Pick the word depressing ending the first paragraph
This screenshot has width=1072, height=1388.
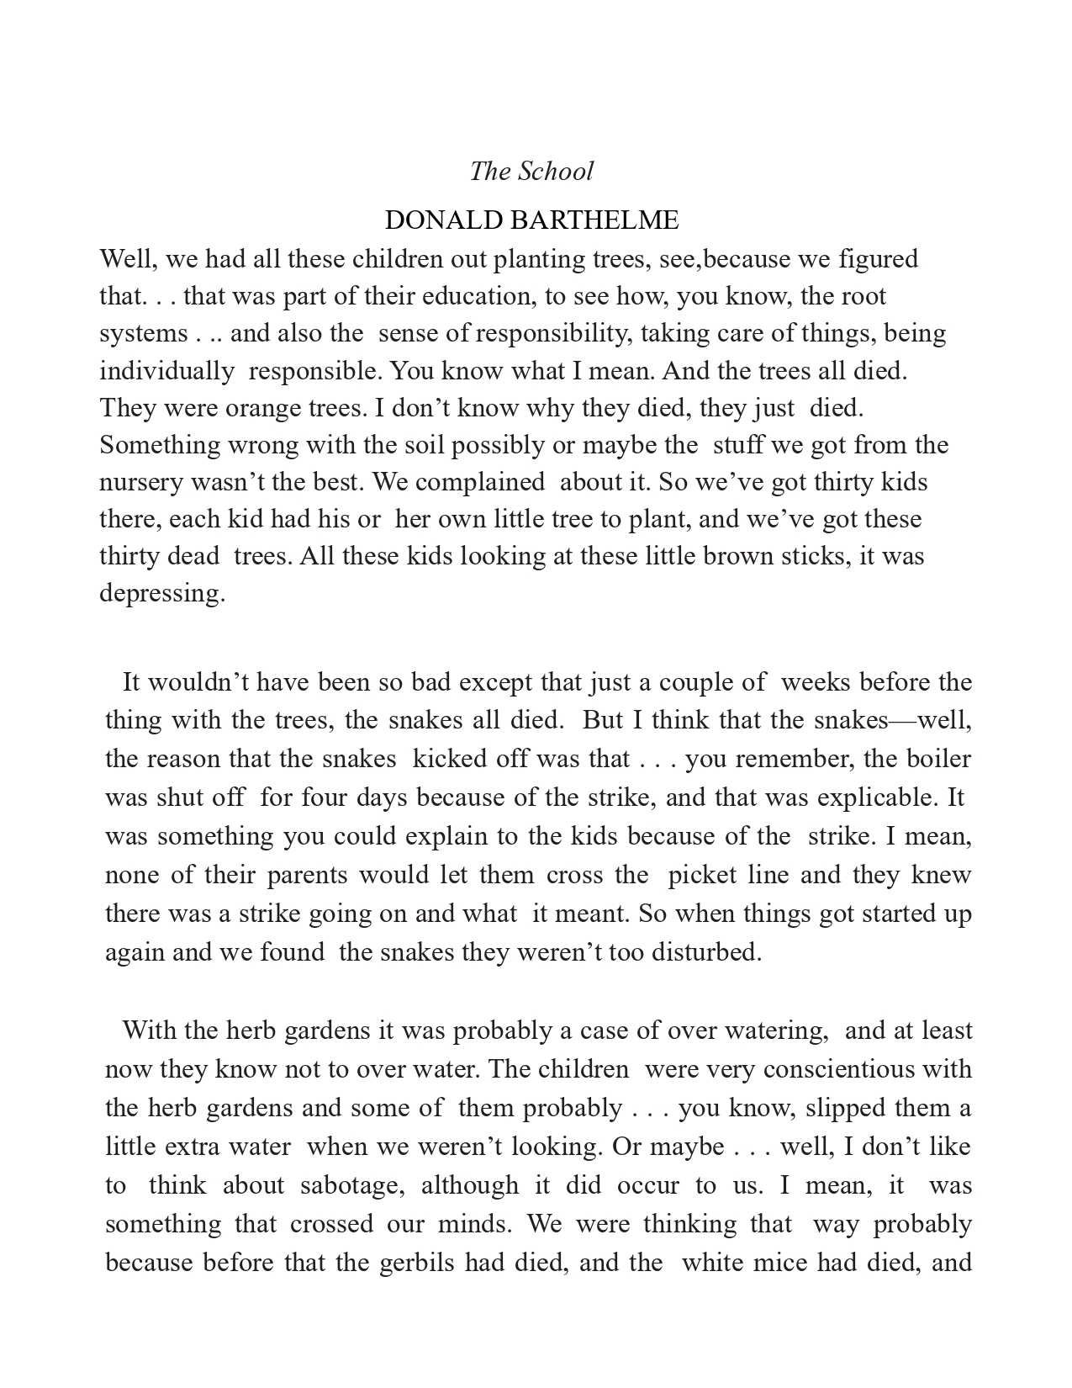click(x=162, y=594)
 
